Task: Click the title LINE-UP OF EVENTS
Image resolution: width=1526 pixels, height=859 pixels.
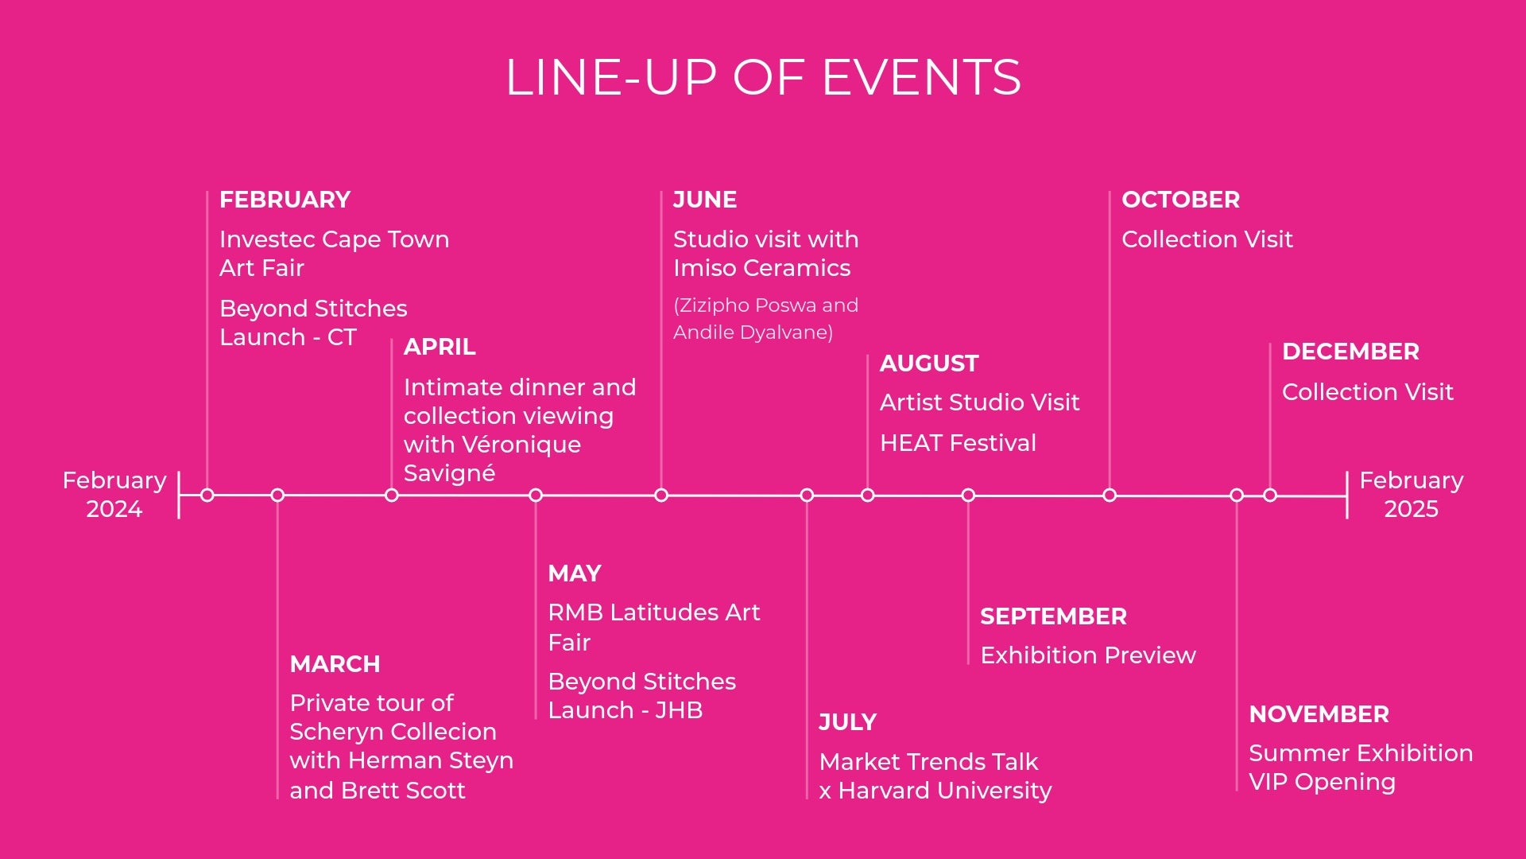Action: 763,77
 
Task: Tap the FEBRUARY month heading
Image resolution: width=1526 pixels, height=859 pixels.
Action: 285,200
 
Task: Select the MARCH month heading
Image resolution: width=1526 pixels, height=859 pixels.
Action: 335,664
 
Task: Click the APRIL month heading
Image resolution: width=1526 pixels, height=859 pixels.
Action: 440,347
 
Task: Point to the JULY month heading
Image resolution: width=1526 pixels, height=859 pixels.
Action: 847,722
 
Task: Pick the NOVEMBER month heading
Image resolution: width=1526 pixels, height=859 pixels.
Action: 1319,714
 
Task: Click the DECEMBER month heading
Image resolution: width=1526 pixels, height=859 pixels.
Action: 1350,352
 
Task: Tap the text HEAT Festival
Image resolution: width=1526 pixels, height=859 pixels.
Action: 958,443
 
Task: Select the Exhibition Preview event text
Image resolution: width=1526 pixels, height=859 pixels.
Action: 1088,655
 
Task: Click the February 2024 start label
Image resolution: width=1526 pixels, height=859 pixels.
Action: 114,494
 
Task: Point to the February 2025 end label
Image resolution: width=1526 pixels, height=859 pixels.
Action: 1412,494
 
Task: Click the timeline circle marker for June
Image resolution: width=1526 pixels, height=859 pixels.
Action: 661,496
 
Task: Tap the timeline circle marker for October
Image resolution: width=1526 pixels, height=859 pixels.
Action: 1110,496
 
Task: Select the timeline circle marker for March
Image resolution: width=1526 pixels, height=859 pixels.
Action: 277,496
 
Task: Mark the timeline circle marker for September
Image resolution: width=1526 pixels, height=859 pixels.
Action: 968,496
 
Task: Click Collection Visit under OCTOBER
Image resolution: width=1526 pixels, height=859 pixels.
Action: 1207,239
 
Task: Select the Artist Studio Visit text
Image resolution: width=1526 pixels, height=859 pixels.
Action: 980,402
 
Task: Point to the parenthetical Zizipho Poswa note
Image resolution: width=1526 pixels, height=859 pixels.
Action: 765,319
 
